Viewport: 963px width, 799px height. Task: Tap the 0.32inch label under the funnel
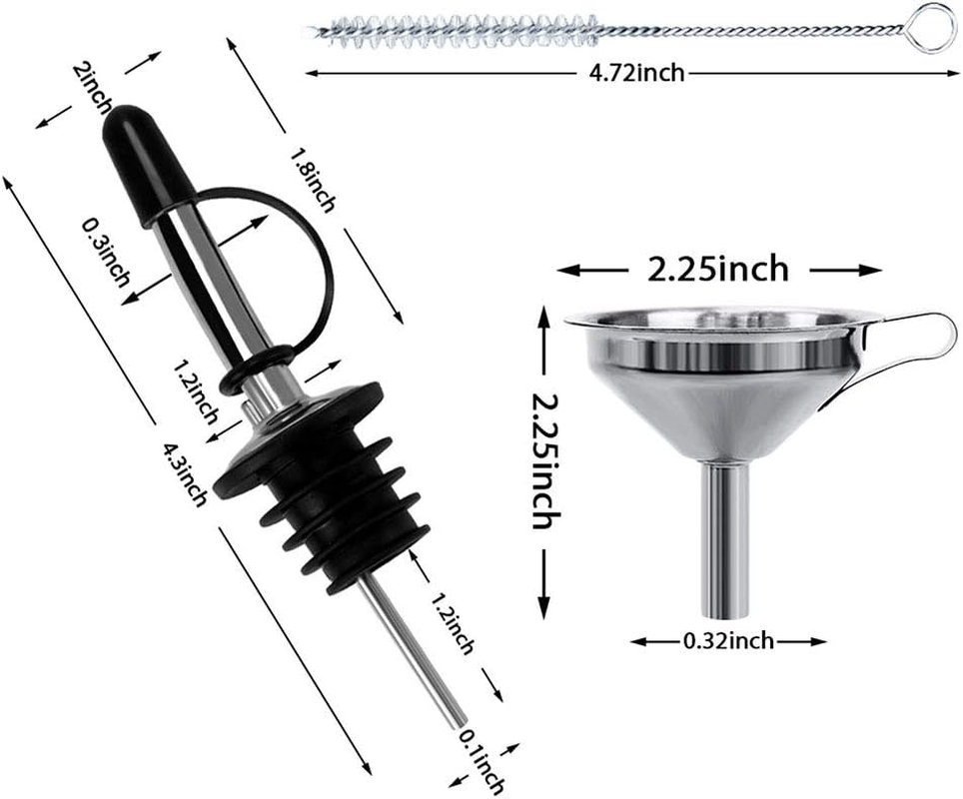(727, 640)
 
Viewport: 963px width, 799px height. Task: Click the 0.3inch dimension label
(107, 254)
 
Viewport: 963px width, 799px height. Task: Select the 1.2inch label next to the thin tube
(451, 624)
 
